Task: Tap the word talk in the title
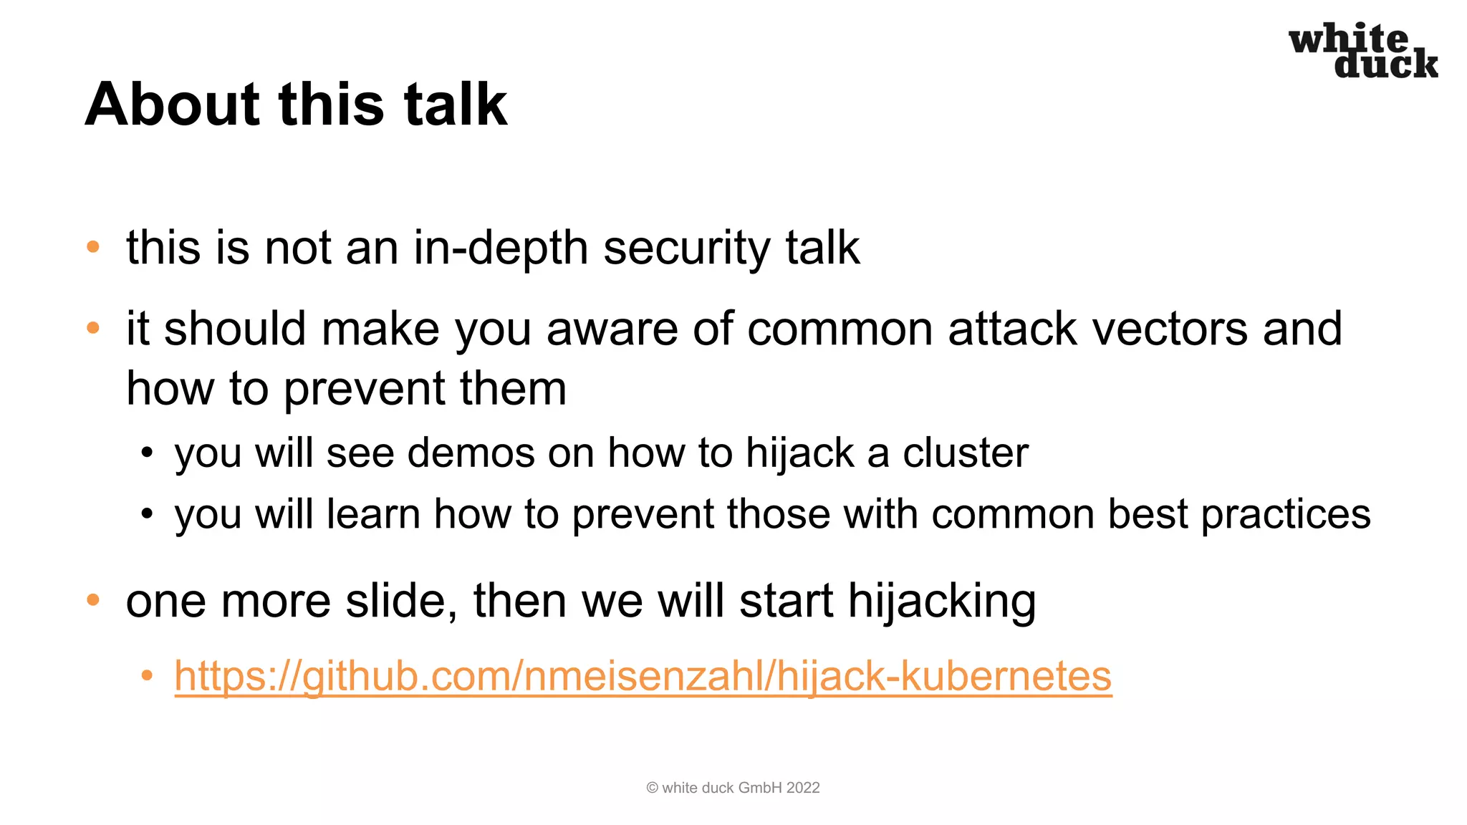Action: [x=456, y=105]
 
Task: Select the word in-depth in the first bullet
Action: [x=501, y=249]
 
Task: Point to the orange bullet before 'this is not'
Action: [x=93, y=248]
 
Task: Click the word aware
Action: [x=611, y=329]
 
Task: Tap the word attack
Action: [x=1012, y=329]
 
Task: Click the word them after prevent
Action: [x=513, y=389]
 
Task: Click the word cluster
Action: [x=965, y=453]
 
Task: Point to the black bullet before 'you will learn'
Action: [x=147, y=514]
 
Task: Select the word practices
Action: [x=1286, y=515]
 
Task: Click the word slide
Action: [x=401, y=601]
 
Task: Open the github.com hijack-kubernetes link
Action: [x=643, y=676]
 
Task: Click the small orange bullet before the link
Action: [x=147, y=675]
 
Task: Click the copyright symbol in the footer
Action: [x=652, y=788]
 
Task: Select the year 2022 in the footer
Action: [x=803, y=788]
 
